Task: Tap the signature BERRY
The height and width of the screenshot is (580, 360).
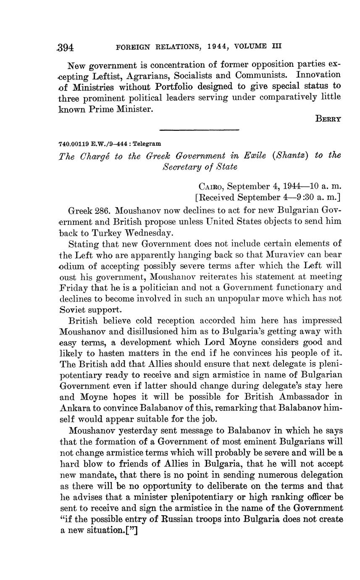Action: pos(328,119)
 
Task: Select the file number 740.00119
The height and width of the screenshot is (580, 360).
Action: pos(75,144)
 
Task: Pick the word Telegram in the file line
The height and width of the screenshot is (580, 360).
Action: pos(147,144)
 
